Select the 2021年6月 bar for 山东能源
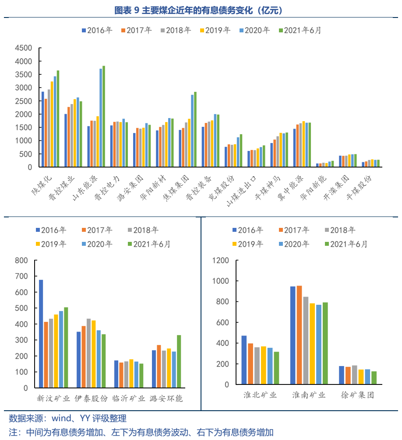[x=103, y=116]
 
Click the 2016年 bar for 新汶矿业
[x=41, y=334]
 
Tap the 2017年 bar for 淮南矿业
[x=300, y=335]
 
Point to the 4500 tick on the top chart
[x=23, y=48]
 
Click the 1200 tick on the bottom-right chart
[x=220, y=261]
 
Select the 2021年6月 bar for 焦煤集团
[x=195, y=129]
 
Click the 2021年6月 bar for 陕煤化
[x=58, y=119]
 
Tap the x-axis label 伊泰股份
[x=91, y=398]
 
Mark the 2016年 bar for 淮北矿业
[x=244, y=360]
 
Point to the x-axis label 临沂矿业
[x=129, y=398]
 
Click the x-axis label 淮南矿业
[x=309, y=395]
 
